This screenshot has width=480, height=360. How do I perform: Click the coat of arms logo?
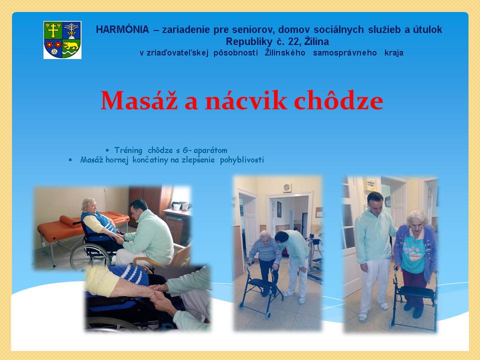point(62,40)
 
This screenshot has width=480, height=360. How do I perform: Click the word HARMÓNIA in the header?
point(122,29)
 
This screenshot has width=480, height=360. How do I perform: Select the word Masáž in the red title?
point(139,100)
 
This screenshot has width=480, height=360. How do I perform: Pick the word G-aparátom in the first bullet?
point(205,150)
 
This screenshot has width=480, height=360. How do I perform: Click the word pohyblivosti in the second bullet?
point(242,160)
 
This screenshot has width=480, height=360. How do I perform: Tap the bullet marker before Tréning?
point(107,150)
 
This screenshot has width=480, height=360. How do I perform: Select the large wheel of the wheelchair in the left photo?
point(90,256)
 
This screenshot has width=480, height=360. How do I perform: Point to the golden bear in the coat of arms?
point(70,46)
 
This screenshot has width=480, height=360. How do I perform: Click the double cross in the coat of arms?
point(53,30)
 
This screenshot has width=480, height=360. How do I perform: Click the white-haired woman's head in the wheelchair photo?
point(89,205)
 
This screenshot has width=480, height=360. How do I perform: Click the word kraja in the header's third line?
point(394,52)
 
